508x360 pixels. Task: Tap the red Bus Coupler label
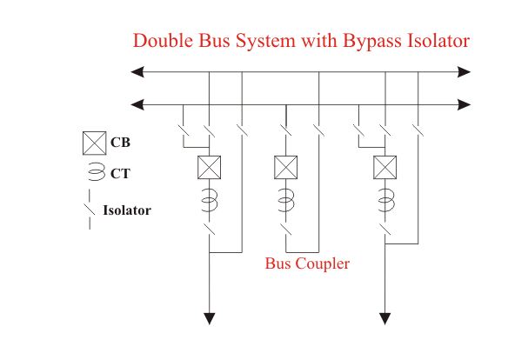[307, 263]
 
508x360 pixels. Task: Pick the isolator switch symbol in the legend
[90, 210]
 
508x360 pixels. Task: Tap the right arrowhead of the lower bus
[465, 104]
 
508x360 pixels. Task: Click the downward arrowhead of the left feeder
[209, 318]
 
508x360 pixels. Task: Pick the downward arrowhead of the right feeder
[384, 318]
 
